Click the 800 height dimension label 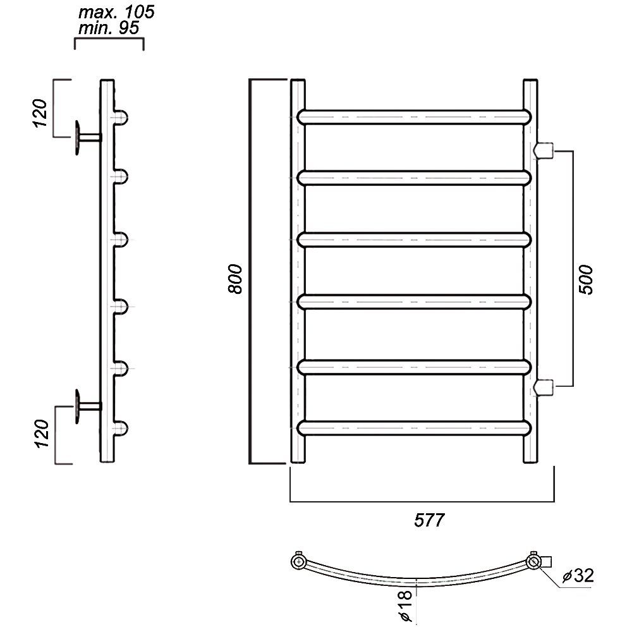pos(236,279)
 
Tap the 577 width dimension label pos(429,520)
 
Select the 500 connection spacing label pos(586,279)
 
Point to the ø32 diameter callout pos(578,575)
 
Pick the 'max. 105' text pos(116,13)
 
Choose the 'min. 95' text pos(109,28)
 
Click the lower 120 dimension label pos(42,433)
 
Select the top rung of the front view pos(415,117)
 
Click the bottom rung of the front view pos(415,428)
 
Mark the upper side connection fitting pos(543,150)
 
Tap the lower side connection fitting pos(543,386)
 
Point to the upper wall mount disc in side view pos(76,137)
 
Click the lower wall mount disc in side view pos(76,406)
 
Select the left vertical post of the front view pos(298,271)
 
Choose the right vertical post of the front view pos(530,271)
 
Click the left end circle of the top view pos(298,562)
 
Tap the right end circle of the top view pos(533,562)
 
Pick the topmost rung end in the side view pos(121,117)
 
